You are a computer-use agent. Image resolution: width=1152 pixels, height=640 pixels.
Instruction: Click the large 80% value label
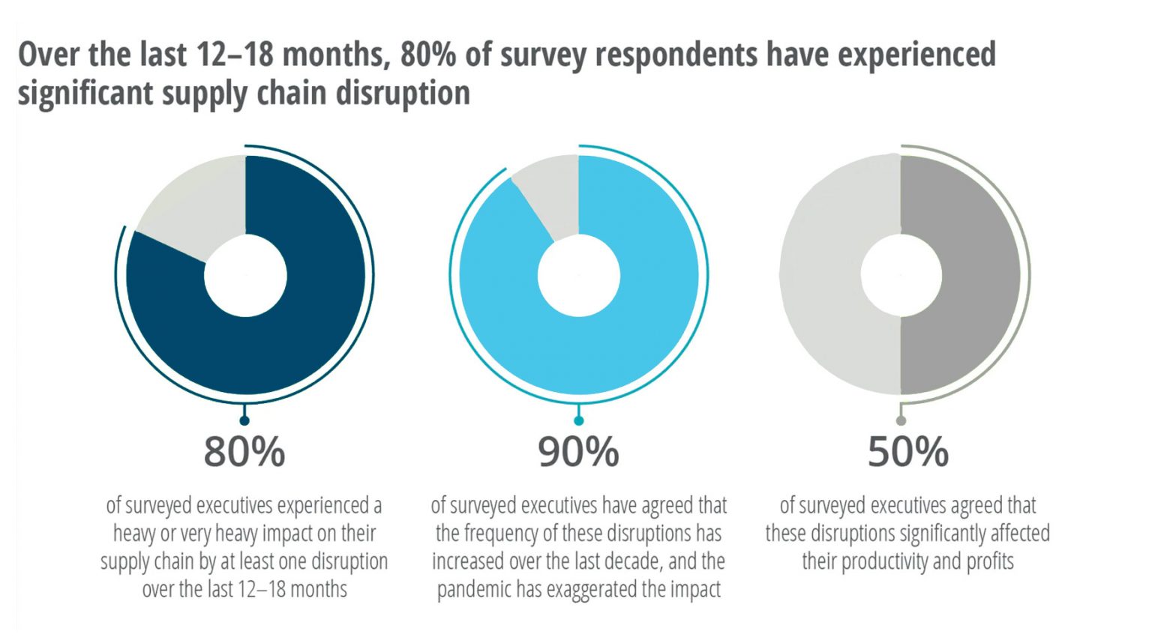[244, 451]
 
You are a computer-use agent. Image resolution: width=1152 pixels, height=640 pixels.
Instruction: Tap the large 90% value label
[578, 451]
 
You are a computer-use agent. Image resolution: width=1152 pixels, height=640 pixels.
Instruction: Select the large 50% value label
[907, 451]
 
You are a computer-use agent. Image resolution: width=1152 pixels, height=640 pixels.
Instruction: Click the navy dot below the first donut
[244, 420]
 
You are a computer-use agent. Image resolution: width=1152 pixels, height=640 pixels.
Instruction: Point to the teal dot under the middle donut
[578, 420]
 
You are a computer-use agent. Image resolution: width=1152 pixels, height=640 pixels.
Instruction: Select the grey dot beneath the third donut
[901, 420]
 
